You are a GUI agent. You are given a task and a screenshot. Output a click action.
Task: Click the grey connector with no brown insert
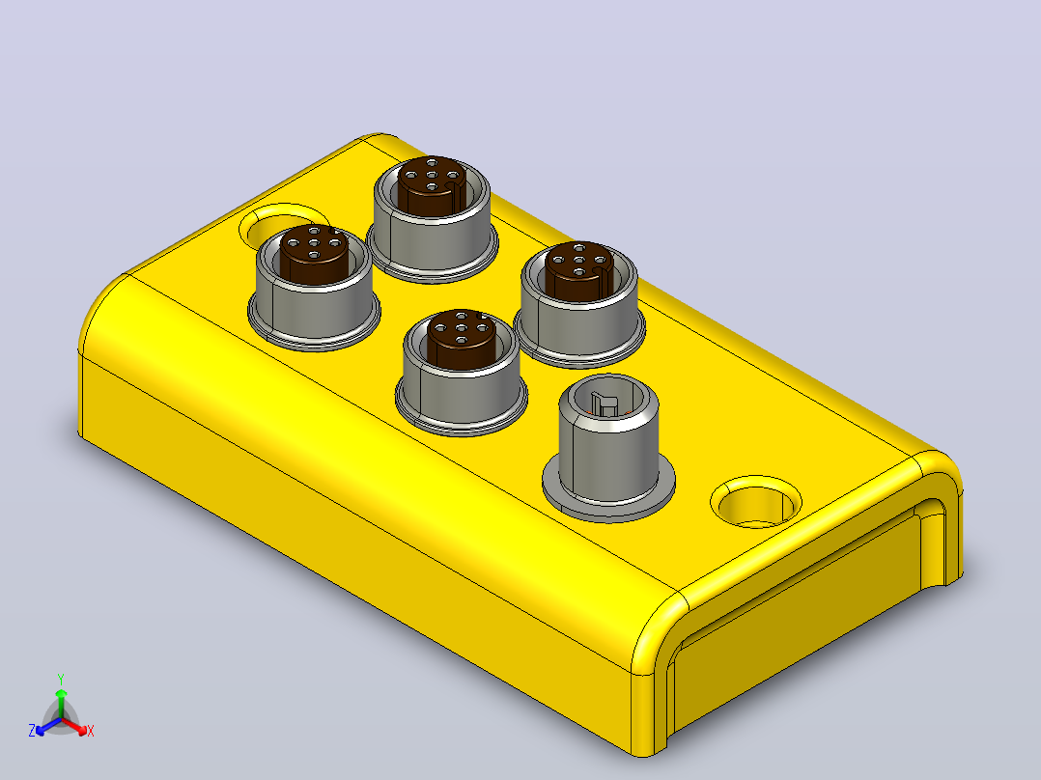[x=608, y=446]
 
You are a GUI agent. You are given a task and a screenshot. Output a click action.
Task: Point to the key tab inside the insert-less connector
[x=604, y=403]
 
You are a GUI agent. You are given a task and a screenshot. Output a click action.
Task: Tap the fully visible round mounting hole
[x=756, y=501]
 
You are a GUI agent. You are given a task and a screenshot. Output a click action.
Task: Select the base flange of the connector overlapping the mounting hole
[x=314, y=325]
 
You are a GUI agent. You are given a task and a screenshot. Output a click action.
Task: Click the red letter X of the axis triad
[x=91, y=731]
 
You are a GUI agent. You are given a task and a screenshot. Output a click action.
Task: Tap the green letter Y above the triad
[x=61, y=680]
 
